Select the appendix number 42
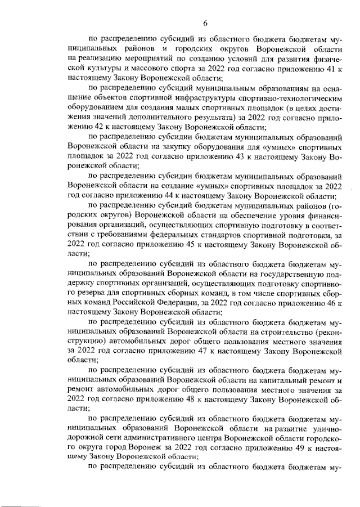83,128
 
